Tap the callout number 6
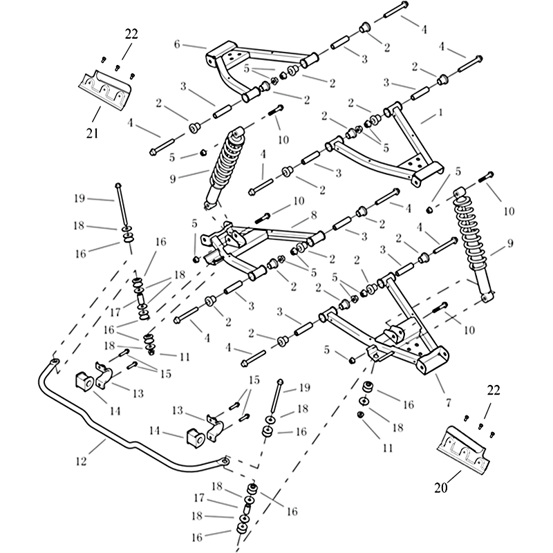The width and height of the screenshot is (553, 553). coord(177,44)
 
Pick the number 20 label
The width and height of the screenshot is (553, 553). coord(441,487)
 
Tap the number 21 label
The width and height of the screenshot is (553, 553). coord(92,132)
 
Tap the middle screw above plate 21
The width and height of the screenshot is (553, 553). coord(117,68)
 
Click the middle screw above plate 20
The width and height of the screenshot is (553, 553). coord(478,422)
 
